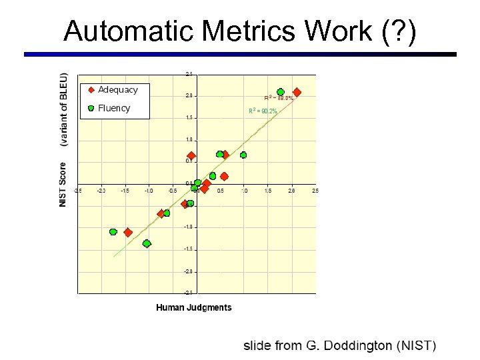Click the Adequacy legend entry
pyautogui.click(x=117, y=89)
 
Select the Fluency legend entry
pyautogui.click(x=113, y=108)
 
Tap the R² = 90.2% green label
pyautogui.click(x=263, y=111)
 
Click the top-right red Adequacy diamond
pyautogui.click(x=297, y=92)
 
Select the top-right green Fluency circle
pyautogui.click(x=281, y=92)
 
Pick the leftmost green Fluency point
pyautogui.click(x=113, y=232)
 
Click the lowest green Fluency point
pyautogui.click(x=147, y=243)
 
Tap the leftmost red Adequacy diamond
pyautogui.click(x=128, y=233)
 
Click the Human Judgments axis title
pyautogui.click(x=194, y=307)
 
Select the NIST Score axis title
pyautogui.click(x=63, y=184)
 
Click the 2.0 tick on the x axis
pyautogui.click(x=291, y=191)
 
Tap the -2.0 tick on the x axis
pyautogui.click(x=101, y=191)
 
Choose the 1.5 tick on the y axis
pyautogui.click(x=189, y=118)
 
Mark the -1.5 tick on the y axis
pyautogui.click(x=189, y=249)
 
